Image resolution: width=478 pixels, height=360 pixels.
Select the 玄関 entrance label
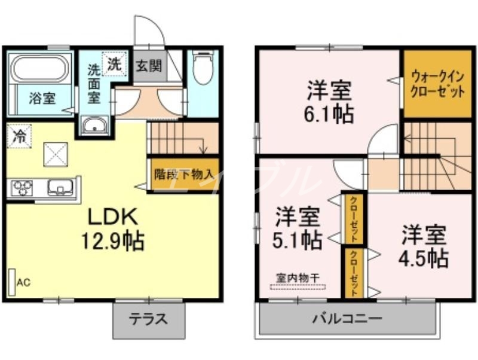[148, 65]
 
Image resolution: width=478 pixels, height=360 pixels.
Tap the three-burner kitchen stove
[23, 187]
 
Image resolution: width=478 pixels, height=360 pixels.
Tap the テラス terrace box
[149, 319]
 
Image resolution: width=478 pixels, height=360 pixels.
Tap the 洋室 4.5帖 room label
[424, 246]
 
